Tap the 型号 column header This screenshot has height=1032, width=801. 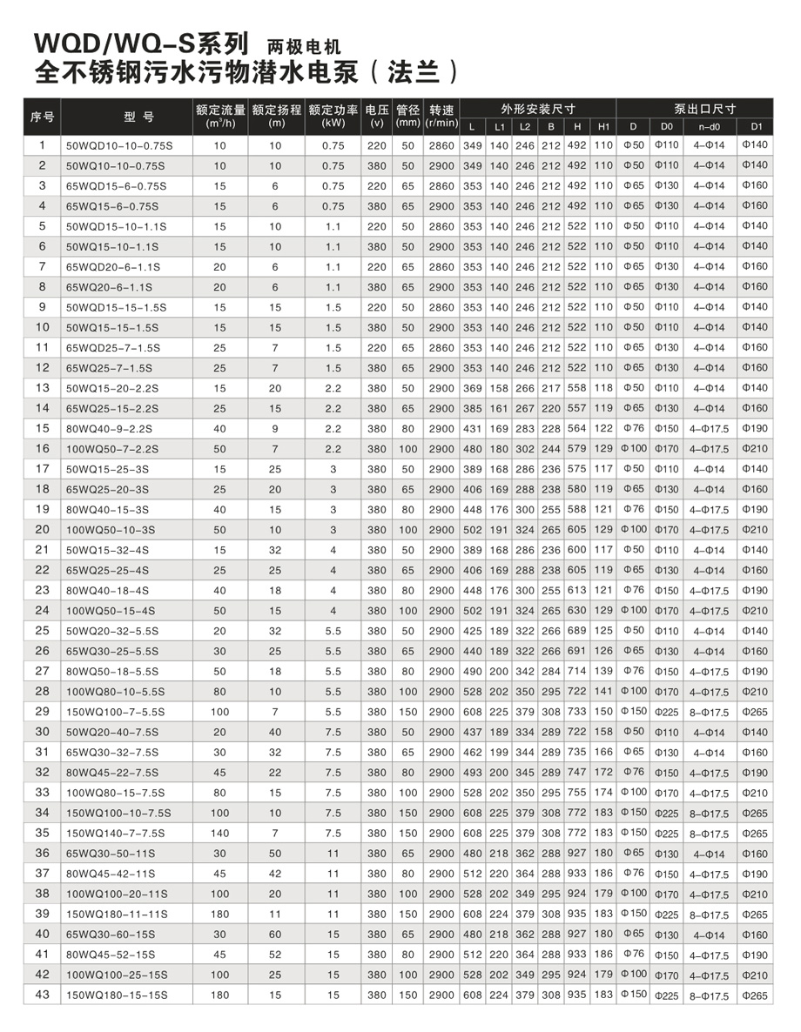[127, 117]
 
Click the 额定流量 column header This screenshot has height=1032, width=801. [220, 117]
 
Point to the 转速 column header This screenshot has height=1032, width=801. [441, 117]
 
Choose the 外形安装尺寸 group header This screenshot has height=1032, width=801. [537, 109]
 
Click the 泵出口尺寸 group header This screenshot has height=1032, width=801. [693, 109]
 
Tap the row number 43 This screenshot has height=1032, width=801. [42, 995]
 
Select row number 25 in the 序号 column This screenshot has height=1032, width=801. [42, 630]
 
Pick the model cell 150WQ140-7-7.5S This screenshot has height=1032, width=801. [116, 834]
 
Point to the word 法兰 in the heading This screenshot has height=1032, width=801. [408, 70]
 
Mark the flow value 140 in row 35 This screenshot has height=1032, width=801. [219, 834]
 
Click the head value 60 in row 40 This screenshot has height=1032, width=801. [276, 935]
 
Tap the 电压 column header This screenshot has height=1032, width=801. [376, 117]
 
